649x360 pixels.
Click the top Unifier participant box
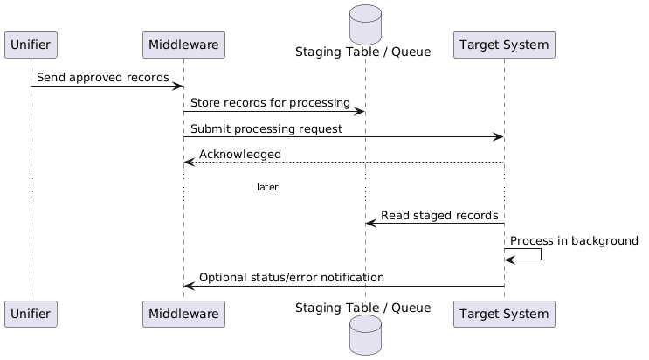point(31,45)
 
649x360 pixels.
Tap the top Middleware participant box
point(183,45)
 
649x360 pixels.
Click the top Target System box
point(504,45)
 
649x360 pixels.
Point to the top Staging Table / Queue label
point(363,52)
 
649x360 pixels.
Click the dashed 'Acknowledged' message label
point(240,154)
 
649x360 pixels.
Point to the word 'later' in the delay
point(267,187)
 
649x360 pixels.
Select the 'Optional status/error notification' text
point(291,277)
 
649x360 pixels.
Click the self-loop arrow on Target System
point(533,254)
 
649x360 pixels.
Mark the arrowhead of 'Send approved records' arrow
point(178,86)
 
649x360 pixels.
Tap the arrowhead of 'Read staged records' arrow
point(370,224)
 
